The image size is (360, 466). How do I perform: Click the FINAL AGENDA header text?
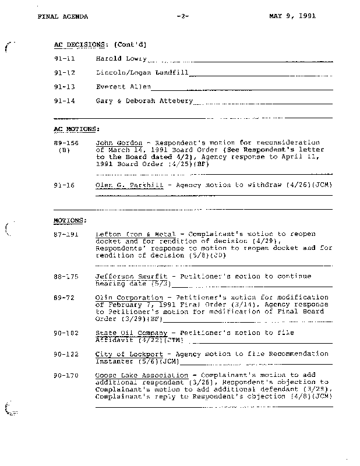coord(62,16)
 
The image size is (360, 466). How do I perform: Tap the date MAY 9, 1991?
coord(292,16)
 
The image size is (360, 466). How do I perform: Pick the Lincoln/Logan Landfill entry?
coord(142,73)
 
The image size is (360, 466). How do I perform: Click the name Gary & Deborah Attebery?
coord(144,101)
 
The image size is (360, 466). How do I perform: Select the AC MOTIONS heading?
coord(76,129)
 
